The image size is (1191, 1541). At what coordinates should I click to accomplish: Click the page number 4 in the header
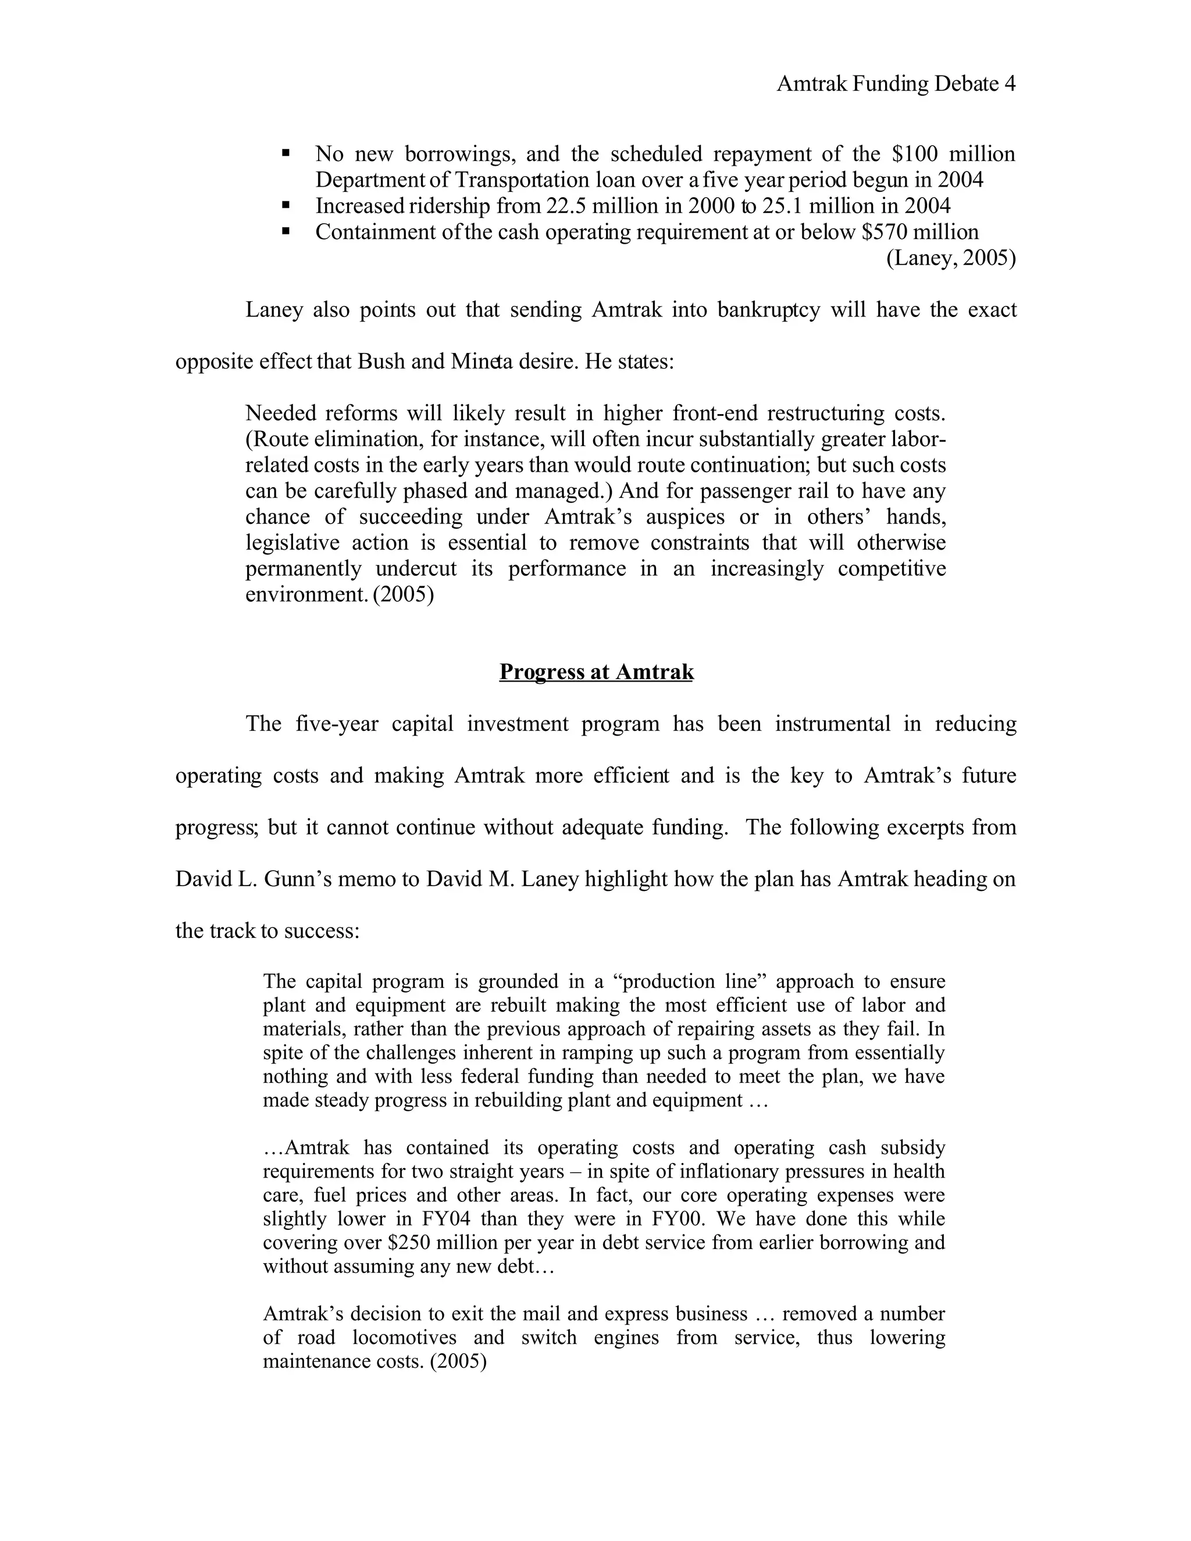(1010, 85)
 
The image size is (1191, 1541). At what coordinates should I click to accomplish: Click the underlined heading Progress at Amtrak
(596, 672)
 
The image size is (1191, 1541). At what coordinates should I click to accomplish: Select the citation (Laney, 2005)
(950, 258)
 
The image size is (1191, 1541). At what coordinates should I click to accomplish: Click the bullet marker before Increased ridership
(286, 205)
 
